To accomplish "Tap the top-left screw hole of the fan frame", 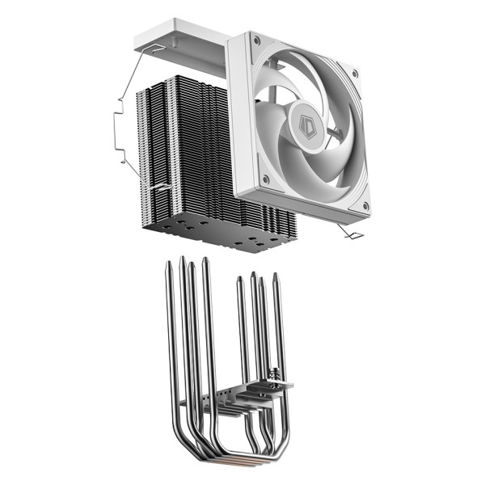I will (x=255, y=39).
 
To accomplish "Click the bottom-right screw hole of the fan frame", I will (x=365, y=206).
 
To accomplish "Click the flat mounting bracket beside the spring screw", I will (x=242, y=395).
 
